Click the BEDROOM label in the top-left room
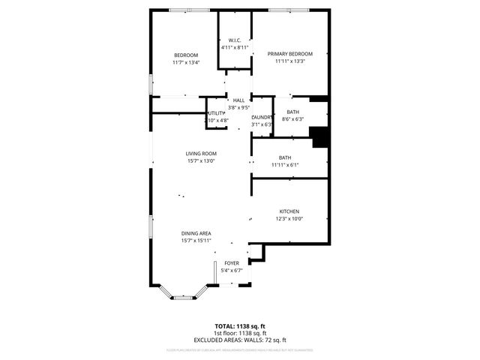tap(185, 55)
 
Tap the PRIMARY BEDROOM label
tap(289, 54)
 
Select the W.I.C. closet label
tap(234, 40)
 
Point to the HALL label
tap(238, 100)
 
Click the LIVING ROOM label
tap(201, 154)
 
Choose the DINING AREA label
tap(196, 233)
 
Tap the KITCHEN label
tap(289, 211)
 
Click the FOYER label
tap(232, 263)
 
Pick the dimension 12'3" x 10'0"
tap(289, 219)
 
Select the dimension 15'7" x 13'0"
tap(201, 161)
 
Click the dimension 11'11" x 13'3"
tap(289, 61)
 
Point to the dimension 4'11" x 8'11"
tap(234, 47)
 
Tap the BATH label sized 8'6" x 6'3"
tap(292, 112)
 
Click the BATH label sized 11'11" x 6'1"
tap(285, 157)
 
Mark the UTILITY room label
tap(217, 113)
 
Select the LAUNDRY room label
tap(261, 118)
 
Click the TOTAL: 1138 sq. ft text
tap(240, 326)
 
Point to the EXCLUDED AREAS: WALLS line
tap(240, 340)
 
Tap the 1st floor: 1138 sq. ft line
tap(240, 333)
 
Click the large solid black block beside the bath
tap(321, 138)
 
